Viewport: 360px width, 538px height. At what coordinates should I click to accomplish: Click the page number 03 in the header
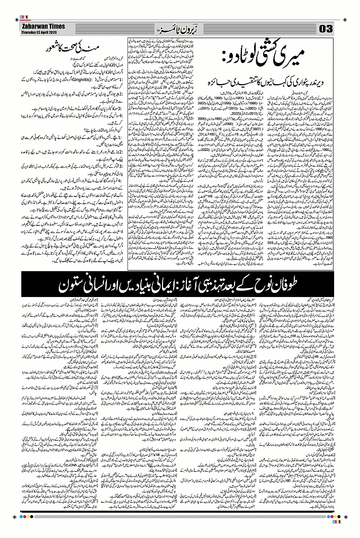325,28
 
